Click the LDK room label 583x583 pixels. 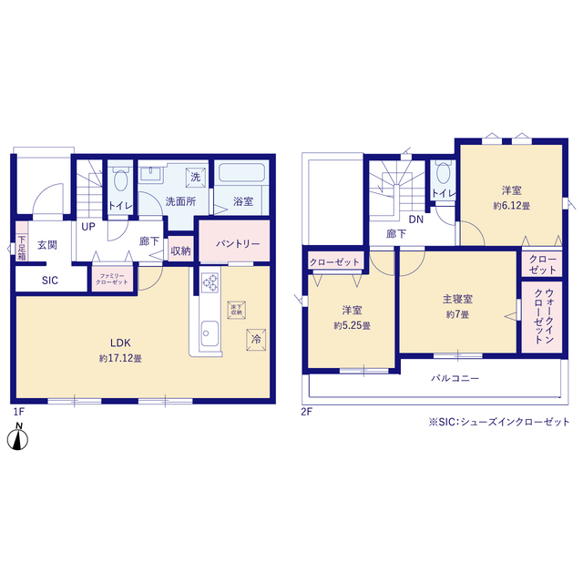tap(119, 343)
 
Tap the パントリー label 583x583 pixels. tap(237, 244)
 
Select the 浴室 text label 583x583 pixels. tap(242, 201)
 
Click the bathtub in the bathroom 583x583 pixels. tap(240, 173)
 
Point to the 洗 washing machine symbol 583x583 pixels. tap(195, 177)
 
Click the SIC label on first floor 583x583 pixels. tap(49, 281)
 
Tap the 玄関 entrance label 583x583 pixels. tap(47, 245)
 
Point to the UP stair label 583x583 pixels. tap(88, 226)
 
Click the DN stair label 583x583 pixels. tap(414, 220)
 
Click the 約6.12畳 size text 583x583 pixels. tap(511, 206)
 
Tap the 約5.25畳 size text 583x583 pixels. tap(351, 325)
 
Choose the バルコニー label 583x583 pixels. tap(455, 377)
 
